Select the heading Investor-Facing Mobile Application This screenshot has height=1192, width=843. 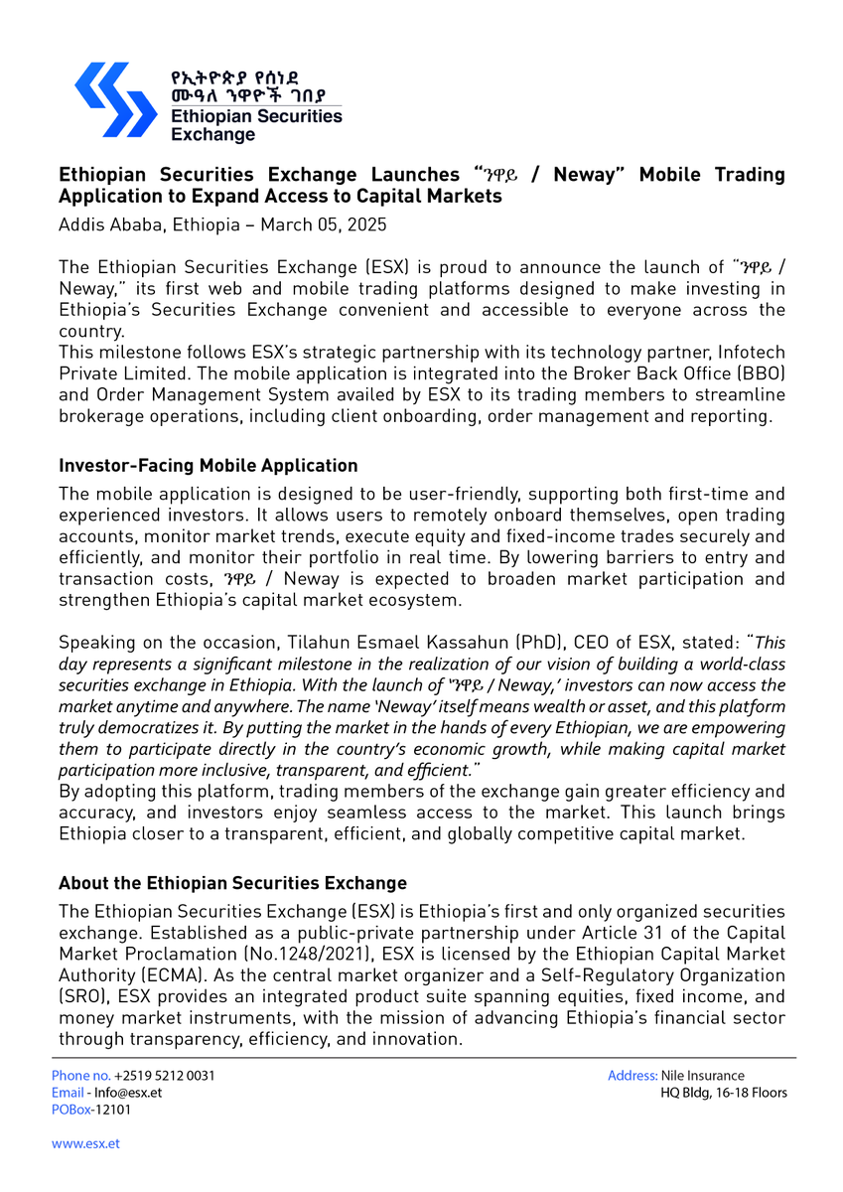(208, 466)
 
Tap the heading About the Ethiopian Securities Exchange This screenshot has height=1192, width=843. (232, 883)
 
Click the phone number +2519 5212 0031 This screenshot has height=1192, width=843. (164, 1076)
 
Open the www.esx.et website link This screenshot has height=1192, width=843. (85, 1143)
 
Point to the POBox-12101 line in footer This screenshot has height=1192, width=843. (90, 1110)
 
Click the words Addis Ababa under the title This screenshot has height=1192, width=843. (109, 224)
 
